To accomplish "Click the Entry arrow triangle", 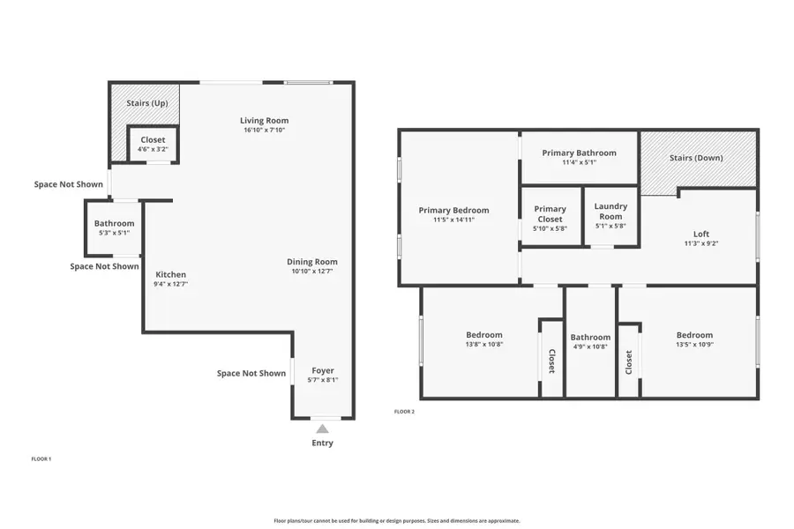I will [x=323, y=428].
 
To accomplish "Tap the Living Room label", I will [x=265, y=121].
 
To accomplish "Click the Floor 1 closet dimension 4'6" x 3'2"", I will [x=152, y=149].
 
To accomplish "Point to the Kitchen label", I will [x=171, y=274].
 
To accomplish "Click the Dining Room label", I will [x=312, y=262].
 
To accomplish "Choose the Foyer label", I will [x=323, y=370].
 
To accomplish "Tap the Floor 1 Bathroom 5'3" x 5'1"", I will [x=115, y=233].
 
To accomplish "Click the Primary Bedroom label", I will [x=453, y=210].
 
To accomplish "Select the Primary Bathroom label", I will [x=579, y=153].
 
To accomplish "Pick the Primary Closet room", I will [x=550, y=218].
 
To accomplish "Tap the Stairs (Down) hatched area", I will [x=696, y=159].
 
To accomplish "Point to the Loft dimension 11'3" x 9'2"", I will [x=695, y=243].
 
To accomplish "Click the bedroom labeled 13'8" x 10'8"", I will [x=483, y=345].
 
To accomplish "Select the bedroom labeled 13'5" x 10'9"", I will [x=694, y=345].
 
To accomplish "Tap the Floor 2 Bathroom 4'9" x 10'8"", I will [x=590, y=346].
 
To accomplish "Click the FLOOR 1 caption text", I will [x=41, y=459].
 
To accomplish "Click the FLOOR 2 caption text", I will [x=404, y=412].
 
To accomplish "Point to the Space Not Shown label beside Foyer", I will [x=251, y=373].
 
